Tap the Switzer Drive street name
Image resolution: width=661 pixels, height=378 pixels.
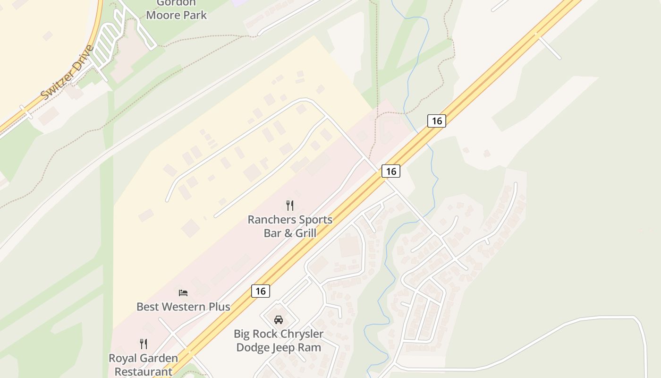[68, 72]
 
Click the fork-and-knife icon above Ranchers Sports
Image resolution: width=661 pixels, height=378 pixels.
[290, 205]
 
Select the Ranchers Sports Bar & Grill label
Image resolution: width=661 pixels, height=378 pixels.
[290, 226]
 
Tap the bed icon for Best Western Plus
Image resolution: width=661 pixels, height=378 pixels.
[183, 293]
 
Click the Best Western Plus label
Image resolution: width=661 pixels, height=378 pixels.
[183, 307]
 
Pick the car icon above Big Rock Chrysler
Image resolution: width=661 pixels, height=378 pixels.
[279, 320]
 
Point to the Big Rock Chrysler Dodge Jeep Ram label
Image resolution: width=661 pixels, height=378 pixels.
[279, 340]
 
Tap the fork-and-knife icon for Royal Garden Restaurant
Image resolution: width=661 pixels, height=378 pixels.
[144, 344]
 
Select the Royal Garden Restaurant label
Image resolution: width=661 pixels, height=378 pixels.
[144, 364]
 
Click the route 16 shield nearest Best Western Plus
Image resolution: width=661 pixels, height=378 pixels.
[261, 291]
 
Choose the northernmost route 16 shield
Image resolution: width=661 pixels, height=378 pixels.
[437, 121]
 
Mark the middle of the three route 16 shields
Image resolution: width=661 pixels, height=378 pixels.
[391, 171]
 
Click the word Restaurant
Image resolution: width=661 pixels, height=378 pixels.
[144, 371]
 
